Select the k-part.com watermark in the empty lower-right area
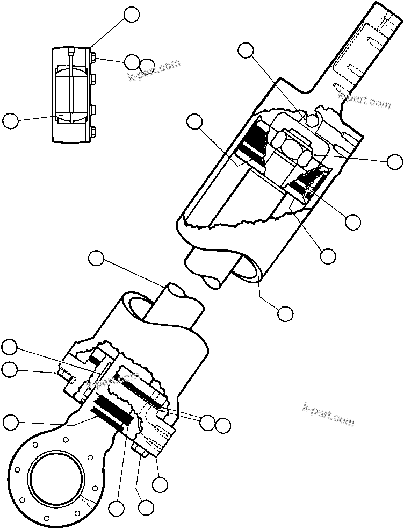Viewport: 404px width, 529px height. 329,413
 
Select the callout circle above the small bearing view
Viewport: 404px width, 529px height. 131,15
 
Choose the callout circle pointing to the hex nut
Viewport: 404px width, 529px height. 395,161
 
